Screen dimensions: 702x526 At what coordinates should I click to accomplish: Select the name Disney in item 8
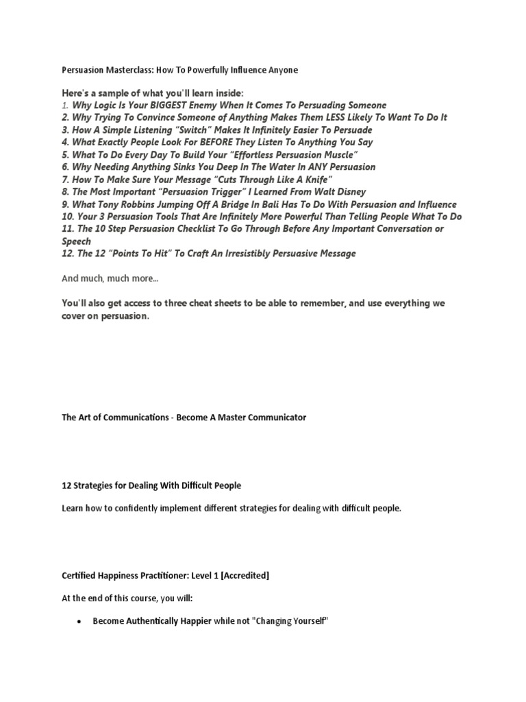click(x=349, y=191)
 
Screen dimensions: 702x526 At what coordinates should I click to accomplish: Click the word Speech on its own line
click(x=76, y=241)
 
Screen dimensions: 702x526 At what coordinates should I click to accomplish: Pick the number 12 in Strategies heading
click(x=66, y=485)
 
